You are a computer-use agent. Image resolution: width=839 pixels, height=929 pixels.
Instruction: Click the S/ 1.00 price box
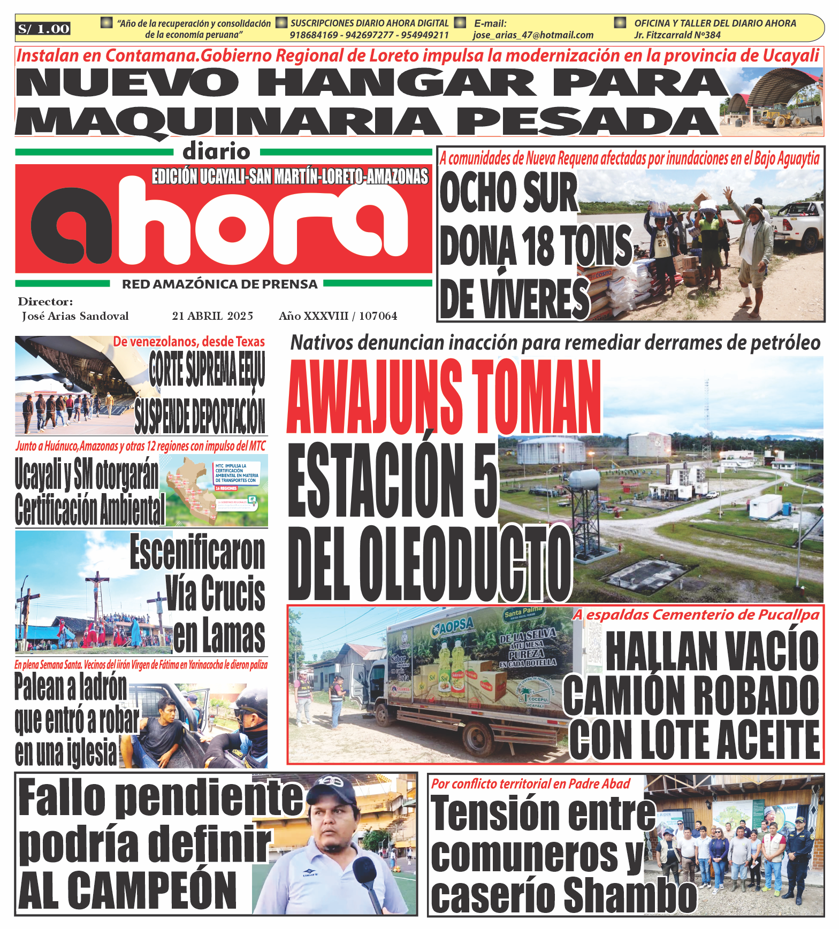tap(43, 29)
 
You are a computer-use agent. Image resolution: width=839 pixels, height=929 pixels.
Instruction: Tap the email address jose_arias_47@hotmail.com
tap(533, 35)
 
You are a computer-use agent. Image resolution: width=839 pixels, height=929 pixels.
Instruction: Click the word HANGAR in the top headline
tap(396, 83)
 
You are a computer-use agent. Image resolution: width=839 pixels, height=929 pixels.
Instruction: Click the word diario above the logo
tap(216, 152)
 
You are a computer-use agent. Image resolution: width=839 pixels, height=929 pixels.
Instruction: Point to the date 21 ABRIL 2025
tap(212, 316)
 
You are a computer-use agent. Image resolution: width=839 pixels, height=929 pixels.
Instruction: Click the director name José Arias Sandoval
tap(75, 316)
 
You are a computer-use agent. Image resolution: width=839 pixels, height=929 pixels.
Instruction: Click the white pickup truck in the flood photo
tap(797, 224)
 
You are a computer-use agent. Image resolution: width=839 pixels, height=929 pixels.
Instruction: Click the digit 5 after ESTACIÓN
tap(485, 480)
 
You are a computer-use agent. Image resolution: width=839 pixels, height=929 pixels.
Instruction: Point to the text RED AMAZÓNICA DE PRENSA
tap(219, 285)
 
